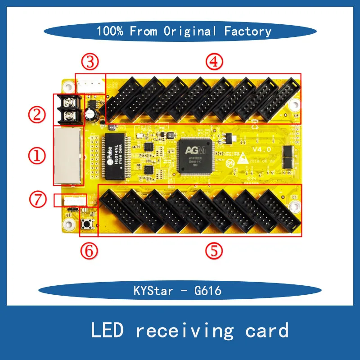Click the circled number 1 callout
tap(38, 156)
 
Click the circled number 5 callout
tap(215, 250)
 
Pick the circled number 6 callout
tap(90, 250)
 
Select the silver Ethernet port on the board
tap(68, 156)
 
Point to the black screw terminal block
tap(70, 109)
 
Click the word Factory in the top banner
tap(248, 31)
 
